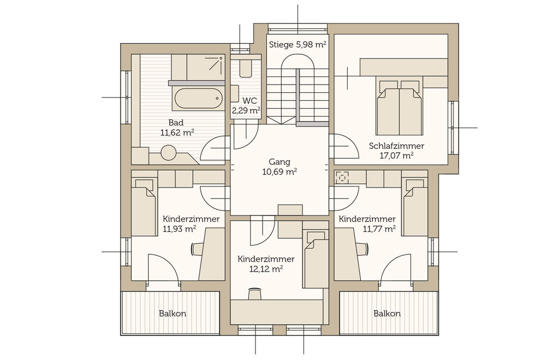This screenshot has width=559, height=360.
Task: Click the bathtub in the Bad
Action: [x=199, y=98]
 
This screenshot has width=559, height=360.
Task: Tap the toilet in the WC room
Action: [x=245, y=68]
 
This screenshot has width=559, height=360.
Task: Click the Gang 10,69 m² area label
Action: [x=279, y=167]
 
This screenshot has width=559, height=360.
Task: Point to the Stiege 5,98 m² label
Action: [x=298, y=45]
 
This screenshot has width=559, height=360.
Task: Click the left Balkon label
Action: [x=173, y=314]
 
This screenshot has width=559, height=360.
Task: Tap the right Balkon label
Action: [x=387, y=314]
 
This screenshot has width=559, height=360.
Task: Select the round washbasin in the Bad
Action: [x=168, y=153]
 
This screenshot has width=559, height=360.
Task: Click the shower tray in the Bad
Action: [x=206, y=67]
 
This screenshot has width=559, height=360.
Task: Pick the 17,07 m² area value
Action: [x=396, y=155]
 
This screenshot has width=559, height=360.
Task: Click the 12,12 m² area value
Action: [x=266, y=269]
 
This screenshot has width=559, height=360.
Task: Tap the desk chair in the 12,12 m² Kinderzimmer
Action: [x=254, y=294]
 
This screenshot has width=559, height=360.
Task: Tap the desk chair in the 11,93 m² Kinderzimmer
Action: [x=198, y=249]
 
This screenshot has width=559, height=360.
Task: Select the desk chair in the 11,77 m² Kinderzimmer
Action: [x=361, y=249]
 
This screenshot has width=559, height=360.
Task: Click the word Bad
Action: [x=176, y=123]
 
